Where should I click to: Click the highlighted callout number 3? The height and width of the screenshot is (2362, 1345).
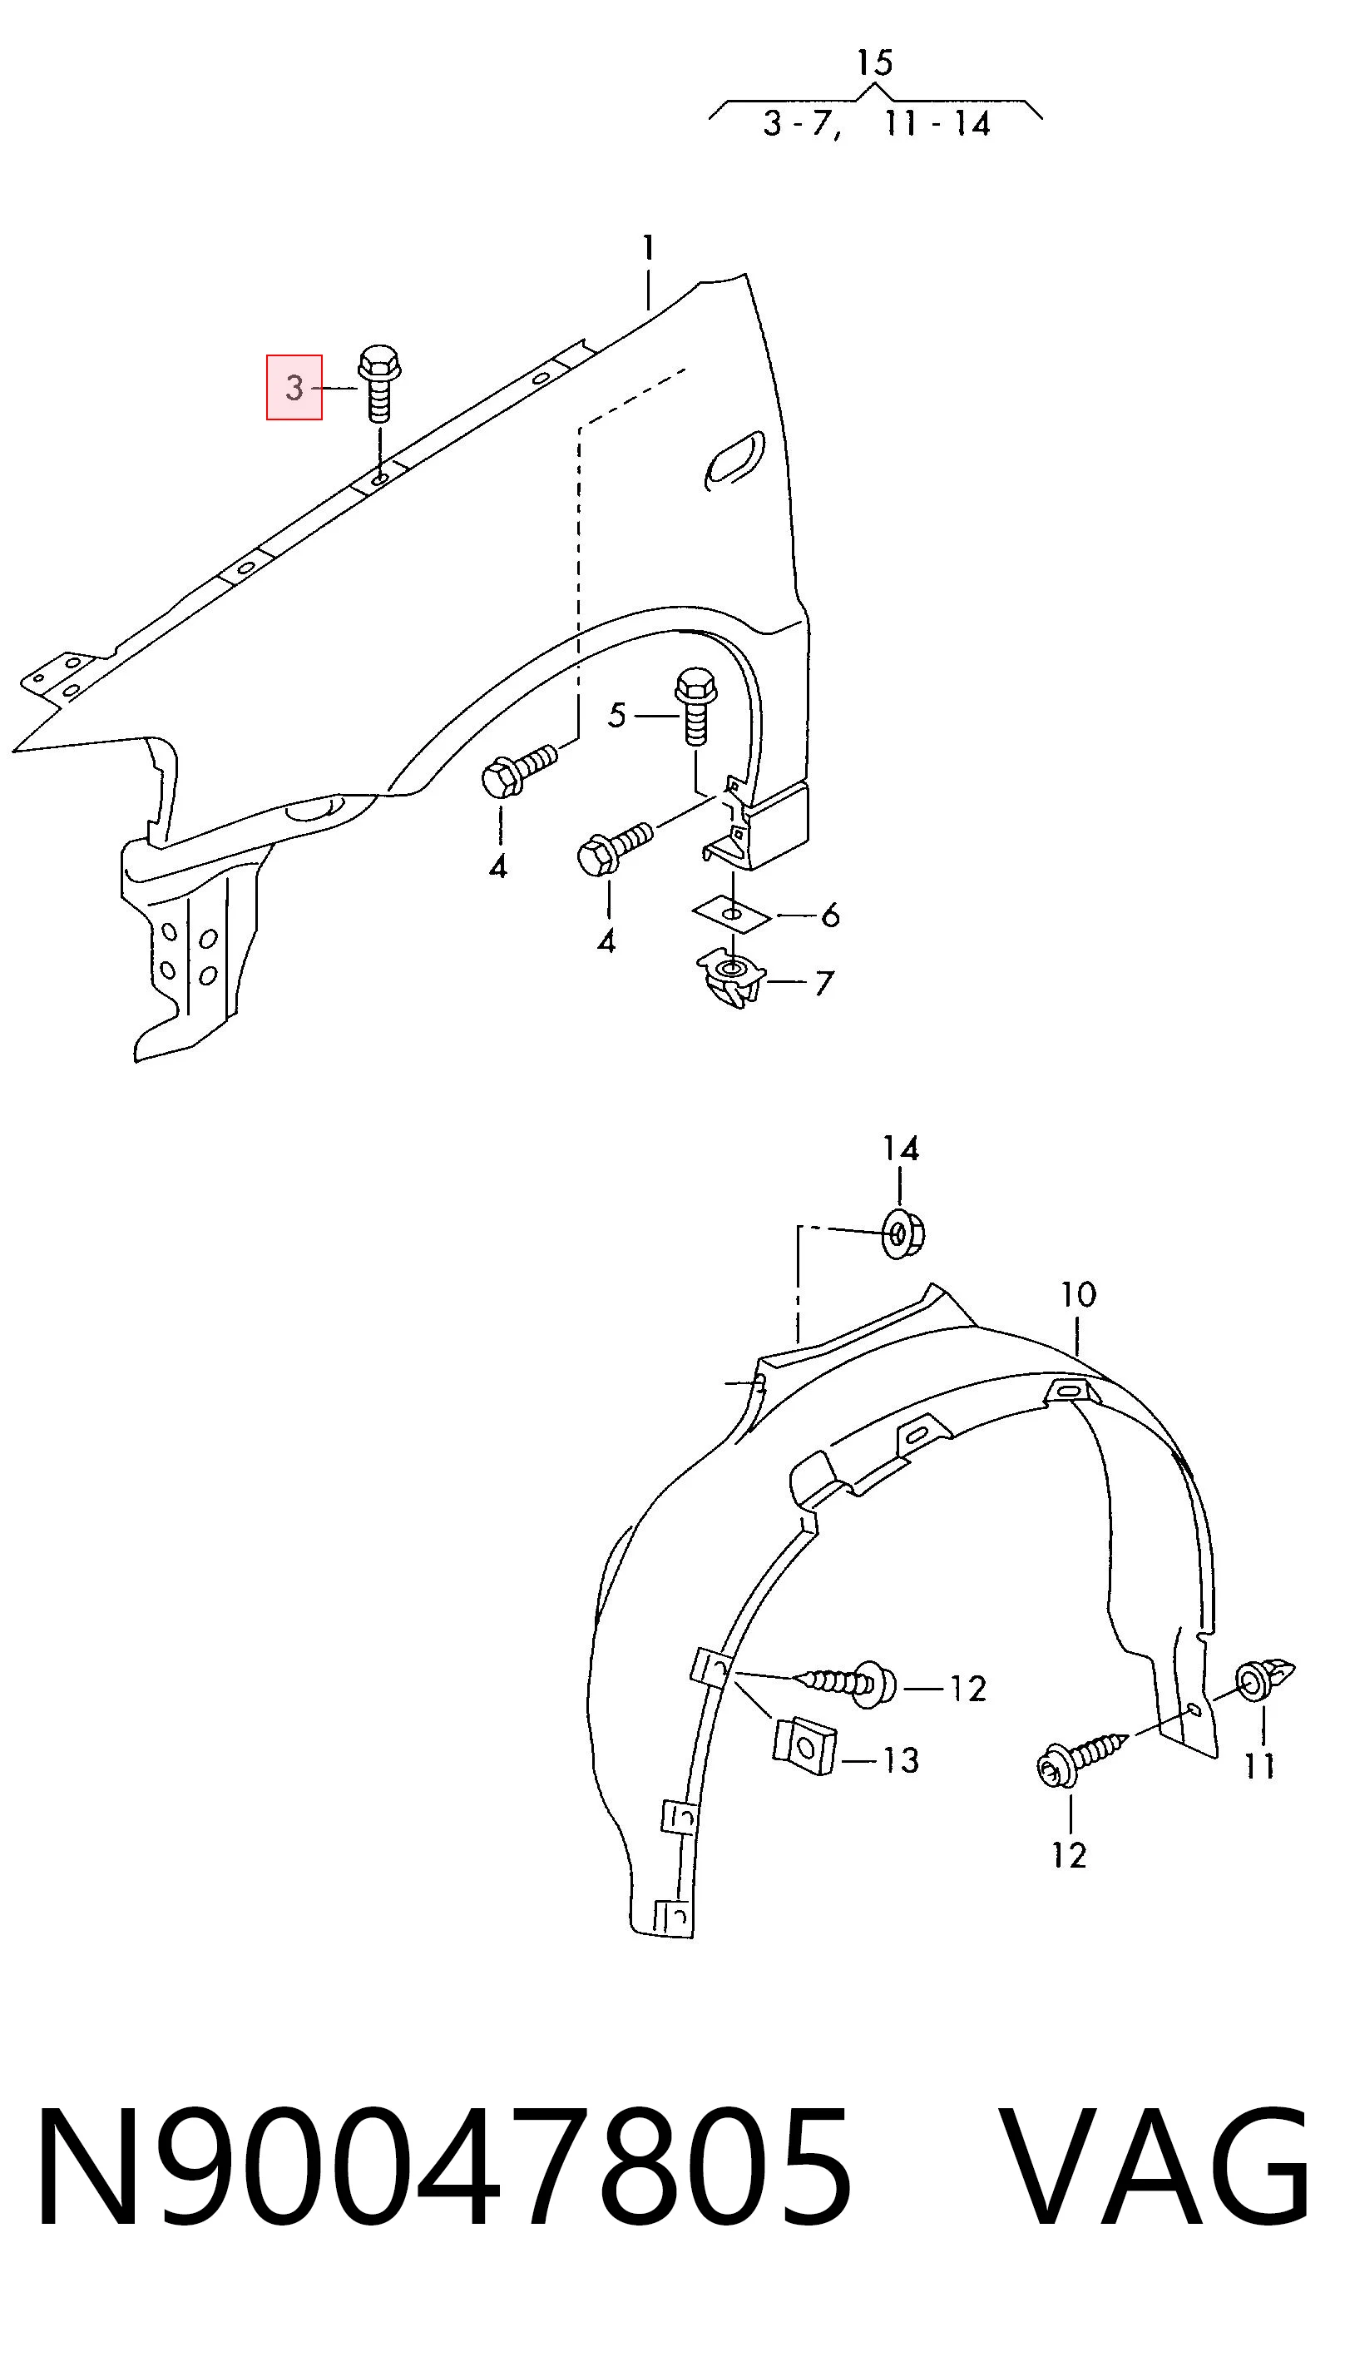(294, 387)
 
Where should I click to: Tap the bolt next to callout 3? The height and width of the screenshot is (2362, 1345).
(378, 384)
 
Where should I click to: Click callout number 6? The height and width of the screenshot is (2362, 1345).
(829, 916)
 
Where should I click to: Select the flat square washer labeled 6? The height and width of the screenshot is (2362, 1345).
(732, 914)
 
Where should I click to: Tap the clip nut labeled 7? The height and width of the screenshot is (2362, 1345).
(730, 977)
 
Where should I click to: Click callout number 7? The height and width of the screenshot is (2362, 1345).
(823, 982)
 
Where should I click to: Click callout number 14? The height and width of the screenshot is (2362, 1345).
(901, 1149)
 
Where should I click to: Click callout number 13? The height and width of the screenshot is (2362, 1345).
(900, 1760)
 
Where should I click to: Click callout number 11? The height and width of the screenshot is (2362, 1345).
(1259, 1765)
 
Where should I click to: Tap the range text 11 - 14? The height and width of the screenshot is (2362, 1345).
(937, 124)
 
